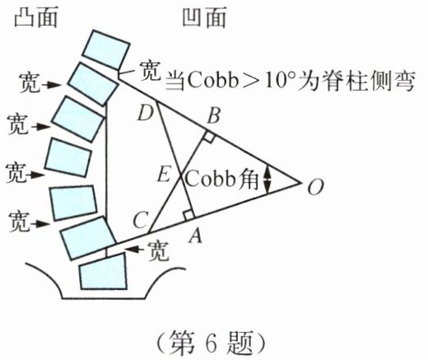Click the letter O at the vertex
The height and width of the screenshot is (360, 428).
(x=315, y=187)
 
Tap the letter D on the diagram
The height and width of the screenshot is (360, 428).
(x=145, y=113)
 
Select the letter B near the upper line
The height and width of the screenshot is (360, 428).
(x=214, y=115)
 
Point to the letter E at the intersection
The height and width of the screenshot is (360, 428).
(x=164, y=174)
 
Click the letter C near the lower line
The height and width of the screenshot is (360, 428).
(x=141, y=220)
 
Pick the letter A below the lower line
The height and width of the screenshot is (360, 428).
(x=195, y=236)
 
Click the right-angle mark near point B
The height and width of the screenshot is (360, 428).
(x=208, y=137)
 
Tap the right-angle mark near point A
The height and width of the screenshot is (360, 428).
(x=189, y=215)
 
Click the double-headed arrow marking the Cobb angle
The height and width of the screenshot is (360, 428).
(x=267, y=180)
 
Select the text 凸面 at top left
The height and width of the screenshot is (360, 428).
(x=35, y=17)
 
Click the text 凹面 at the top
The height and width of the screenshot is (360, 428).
(x=204, y=17)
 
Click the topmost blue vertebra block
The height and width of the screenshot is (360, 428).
(x=106, y=49)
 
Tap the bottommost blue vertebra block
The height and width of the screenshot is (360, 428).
(x=103, y=272)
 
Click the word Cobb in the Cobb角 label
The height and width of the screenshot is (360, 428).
(x=211, y=180)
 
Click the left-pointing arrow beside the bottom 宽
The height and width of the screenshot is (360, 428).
(x=134, y=249)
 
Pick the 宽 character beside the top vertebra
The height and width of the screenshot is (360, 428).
(x=150, y=71)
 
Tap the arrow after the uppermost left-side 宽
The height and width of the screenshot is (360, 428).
(x=51, y=86)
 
